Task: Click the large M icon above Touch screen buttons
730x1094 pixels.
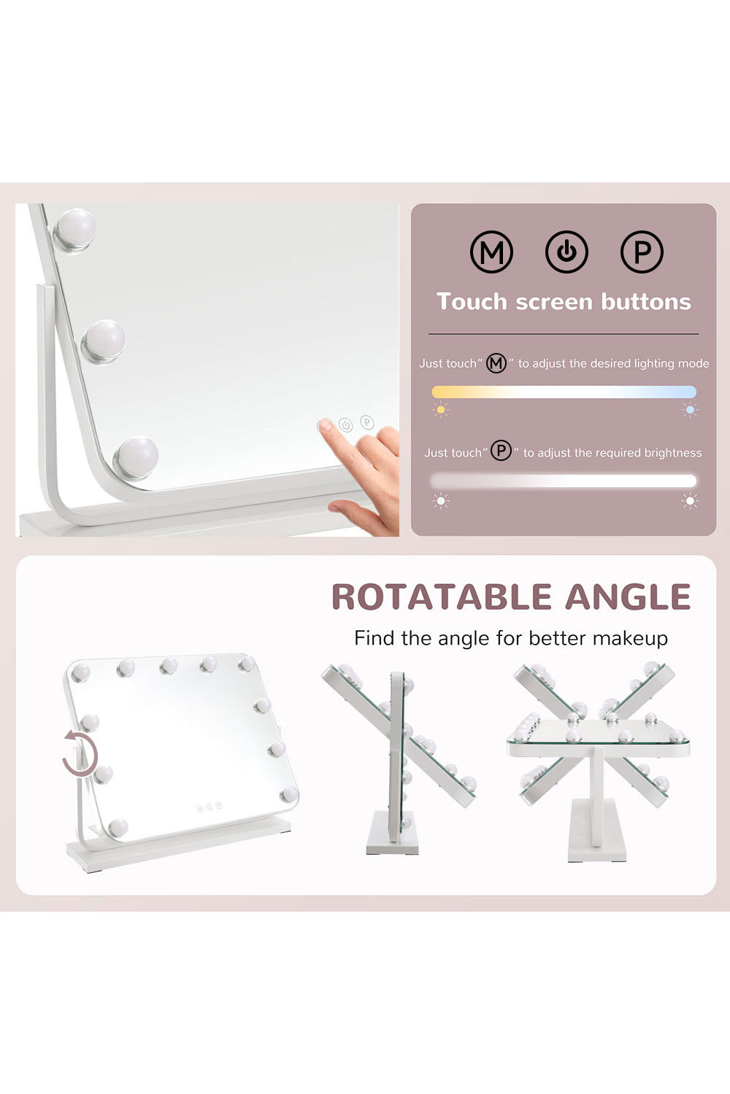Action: (491, 252)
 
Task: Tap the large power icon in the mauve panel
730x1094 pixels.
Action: (566, 252)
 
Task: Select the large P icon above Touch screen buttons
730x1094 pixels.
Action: (642, 252)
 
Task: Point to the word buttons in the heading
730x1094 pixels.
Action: (646, 301)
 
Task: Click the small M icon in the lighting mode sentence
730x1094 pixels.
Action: (496, 363)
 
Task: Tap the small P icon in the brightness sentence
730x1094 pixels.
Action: (502, 450)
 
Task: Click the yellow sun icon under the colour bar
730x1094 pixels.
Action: (440, 410)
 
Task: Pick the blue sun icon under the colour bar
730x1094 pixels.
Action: (690, 410)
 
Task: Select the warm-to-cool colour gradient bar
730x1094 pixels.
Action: (564, 392)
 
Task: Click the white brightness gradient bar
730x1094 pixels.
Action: (564, 481)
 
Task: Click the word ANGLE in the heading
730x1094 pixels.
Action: (628, 597)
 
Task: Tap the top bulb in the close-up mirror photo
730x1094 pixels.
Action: (74, 230)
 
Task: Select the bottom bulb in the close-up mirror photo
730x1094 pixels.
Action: (136, 458)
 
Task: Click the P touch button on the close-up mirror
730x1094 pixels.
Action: (367, 422)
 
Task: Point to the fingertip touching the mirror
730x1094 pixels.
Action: (323, 425)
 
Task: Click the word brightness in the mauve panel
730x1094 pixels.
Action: (673, 453)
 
